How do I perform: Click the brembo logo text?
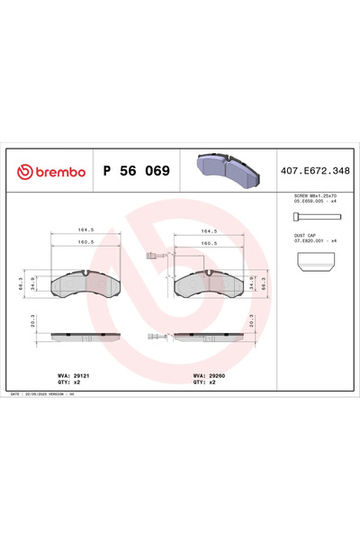[52, 170]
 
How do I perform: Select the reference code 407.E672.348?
[318, 170]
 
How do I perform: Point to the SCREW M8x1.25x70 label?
[314, 195]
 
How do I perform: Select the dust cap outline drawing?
[316, 263]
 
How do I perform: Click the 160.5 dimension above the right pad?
[210, 243]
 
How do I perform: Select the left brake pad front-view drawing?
[85, 286]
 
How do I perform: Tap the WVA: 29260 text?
[208, 372]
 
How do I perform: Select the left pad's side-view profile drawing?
[85, 337]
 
